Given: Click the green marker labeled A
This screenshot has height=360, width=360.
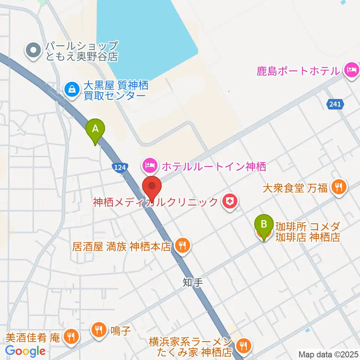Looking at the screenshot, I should [96, 129].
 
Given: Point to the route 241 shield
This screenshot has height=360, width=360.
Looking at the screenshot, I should [335, 105].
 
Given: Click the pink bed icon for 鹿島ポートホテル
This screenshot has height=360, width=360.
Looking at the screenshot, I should [352, 70].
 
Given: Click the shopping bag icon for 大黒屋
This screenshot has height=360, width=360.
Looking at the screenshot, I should [71, 89].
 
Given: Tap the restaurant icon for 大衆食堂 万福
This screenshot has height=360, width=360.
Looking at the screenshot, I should [339, 186].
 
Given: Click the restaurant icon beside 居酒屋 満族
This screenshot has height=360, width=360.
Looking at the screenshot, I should [182, 246].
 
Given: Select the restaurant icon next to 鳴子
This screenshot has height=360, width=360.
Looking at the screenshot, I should [99, 330].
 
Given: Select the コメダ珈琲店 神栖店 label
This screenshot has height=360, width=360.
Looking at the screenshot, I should [307, 232].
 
